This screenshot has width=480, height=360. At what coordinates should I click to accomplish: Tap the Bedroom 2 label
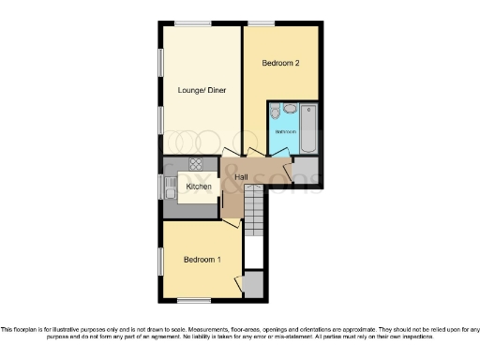[280, 64]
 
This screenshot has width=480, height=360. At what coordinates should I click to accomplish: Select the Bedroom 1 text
[202, 259]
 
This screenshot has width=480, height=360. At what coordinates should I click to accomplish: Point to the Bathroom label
[285, 132]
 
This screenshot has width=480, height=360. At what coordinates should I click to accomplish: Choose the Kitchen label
[198, 187]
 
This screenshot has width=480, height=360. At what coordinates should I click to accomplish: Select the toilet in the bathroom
[275, 112]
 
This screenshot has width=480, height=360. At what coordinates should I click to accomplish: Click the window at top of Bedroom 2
[261, 23]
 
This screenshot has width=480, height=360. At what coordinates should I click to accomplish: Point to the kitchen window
[158, 186]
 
